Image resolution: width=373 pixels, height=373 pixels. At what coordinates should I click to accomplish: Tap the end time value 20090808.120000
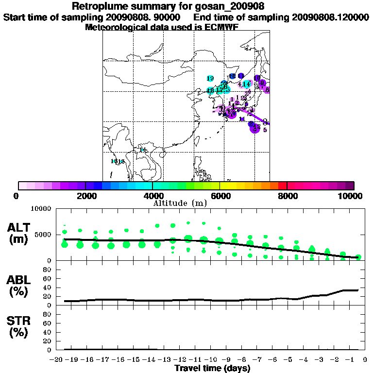[x=330, y=17]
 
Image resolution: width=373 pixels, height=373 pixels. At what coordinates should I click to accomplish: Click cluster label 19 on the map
[x=210, y=79]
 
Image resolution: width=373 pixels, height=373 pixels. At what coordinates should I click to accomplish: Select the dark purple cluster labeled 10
[x=257, y=78]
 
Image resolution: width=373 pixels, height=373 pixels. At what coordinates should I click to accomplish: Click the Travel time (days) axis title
[x=212, y=368]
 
